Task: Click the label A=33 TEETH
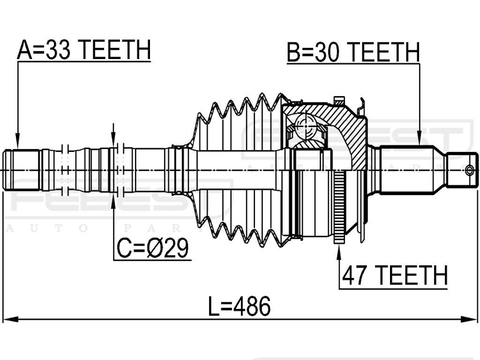click(x=84, y=49)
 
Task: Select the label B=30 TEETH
click(x=353, y=52)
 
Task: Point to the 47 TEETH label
click(x=395, y=275)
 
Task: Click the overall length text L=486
click(x=239, y=306)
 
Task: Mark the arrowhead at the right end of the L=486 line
click(x=469, y=319)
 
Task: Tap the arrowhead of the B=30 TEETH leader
click(x=419, y=138)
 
